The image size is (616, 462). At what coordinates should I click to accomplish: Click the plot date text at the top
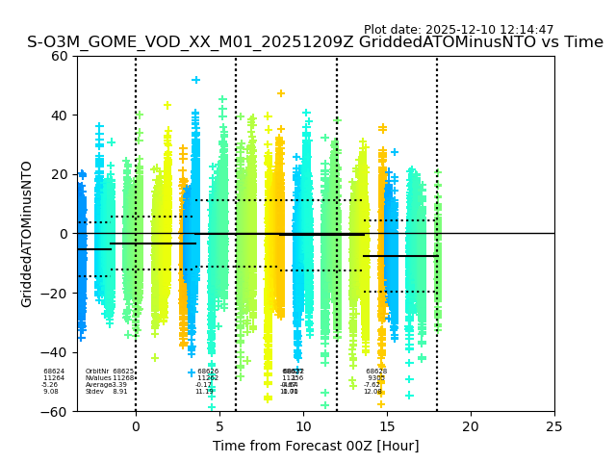tap(458, 30)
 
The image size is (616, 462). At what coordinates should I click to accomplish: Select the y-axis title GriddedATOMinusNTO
tap(27, 234)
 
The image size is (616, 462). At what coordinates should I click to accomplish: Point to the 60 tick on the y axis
tap(60, 56)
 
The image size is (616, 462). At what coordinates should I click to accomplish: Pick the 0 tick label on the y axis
tap(64, 234)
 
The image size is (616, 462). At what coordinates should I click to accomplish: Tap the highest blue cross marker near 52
tap(195, 80)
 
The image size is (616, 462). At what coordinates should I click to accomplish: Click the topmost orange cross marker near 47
tap(281, 93)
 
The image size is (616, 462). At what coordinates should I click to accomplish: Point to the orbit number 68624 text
tap(54, 372)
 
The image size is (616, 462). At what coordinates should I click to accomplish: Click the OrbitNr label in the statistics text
tap(97, 372)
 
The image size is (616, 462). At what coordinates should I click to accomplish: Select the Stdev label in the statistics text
tap(94, 392)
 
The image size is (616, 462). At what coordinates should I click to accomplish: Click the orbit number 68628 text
tap(376, 372)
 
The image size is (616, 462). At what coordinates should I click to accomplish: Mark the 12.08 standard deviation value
tap(372, 392)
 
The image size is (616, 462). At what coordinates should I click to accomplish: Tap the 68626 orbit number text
tap(208, 372)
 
